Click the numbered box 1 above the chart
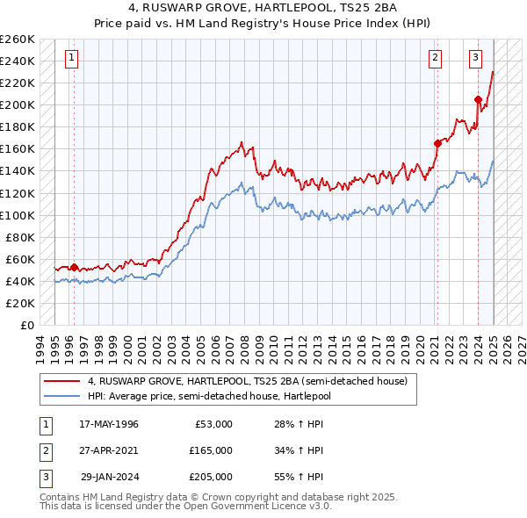click(70, 59)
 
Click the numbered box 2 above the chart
click(435, 59)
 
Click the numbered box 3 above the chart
click(475, 59)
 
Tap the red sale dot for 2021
click(437, 143)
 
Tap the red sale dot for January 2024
click(478, 99)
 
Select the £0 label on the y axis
click(26, 325)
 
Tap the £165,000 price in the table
click(211, 450)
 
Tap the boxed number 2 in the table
click(44, 450)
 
